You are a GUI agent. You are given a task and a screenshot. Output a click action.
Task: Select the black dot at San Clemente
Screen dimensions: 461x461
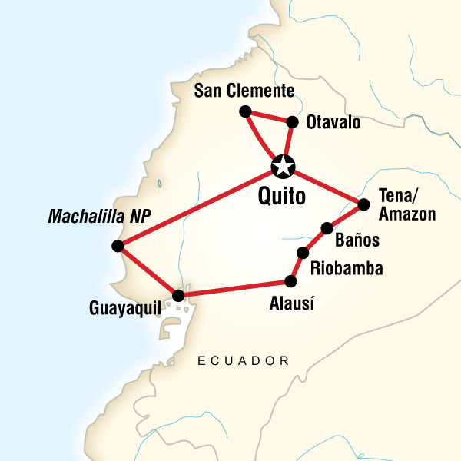point(245,111)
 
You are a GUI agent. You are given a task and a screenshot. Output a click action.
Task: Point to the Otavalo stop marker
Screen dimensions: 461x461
point(292,121)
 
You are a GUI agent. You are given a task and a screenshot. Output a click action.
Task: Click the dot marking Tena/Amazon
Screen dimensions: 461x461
point(363,204)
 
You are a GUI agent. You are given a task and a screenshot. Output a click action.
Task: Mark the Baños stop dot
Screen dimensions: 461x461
point(327,227)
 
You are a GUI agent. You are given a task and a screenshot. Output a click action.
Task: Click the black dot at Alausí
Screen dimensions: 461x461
point(290,281)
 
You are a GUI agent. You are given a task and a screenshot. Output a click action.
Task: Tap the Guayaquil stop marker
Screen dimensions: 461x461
point(178,295)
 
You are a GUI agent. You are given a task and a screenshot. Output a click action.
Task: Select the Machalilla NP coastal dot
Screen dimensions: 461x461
point(117,246)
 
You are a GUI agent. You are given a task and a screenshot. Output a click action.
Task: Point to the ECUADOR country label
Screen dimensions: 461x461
point(244,360)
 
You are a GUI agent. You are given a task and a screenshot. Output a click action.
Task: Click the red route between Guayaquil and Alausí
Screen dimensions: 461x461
point(234,288)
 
